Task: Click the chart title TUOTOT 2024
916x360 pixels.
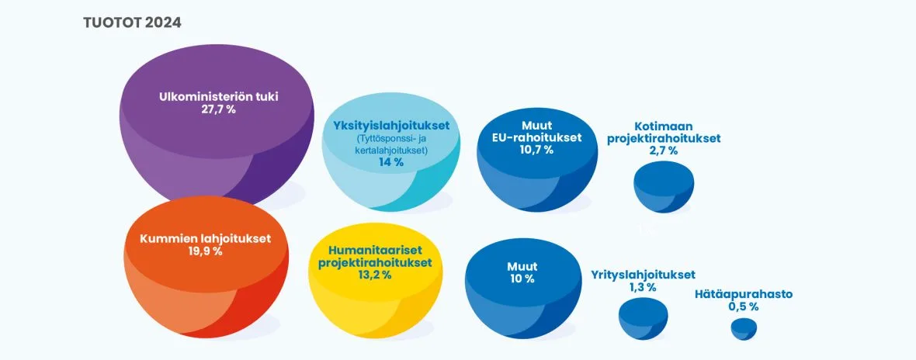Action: (132, 22)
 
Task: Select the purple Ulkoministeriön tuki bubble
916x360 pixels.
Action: (216, 123)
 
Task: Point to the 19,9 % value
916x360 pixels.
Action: (205, 251)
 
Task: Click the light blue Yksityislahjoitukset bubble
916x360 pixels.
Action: (391, 152)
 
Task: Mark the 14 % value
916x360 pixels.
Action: (391, 163)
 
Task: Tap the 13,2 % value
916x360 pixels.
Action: (375, 275)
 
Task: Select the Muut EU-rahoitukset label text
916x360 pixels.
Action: (537, 132)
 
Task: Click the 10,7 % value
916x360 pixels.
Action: (537, 150)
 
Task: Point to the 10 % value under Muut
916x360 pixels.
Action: (522, 279)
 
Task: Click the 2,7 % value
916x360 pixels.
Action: (664, 151)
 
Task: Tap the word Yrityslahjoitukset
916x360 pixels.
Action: (644, 275)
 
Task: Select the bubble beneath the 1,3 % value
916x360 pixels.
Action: (644, 319)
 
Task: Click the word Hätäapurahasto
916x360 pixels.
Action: (744, 295)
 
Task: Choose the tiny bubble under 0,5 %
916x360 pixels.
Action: (744, 329)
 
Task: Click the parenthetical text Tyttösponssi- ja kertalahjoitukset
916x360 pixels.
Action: (391, 145)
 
